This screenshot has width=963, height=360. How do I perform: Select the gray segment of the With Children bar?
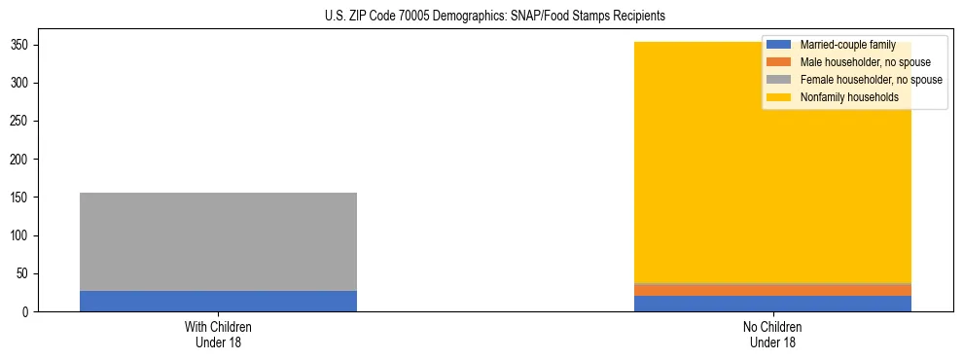tap(218, 241)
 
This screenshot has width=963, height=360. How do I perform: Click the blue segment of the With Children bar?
tap(218, 301)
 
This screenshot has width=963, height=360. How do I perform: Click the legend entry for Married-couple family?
tap(847, 45)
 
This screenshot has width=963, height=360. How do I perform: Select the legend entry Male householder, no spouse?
tap(865, 62)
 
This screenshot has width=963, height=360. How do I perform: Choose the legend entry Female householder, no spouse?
tap(871, 80)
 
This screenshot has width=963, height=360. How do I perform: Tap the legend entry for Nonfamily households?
tap(848, 97)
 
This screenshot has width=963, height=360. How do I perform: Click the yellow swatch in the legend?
tap(779, 97)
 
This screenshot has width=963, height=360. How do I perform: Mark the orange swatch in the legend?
tap(779, 62)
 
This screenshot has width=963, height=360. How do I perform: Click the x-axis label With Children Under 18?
tap(218, 335)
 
